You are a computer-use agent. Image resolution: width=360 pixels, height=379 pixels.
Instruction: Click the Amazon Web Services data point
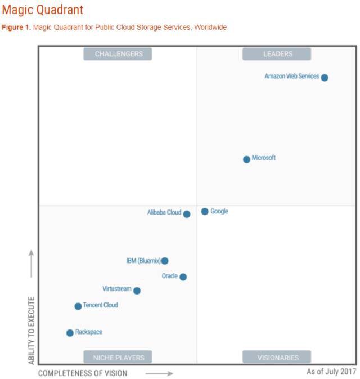[x=325, y=78]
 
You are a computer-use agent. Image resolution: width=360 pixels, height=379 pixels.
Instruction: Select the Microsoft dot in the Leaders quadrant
[x=246, y=159]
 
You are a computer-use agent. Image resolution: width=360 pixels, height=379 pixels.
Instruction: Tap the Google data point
[x=205, y=212]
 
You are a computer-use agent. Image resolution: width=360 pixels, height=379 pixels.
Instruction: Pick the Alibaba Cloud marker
[x=187, y=214]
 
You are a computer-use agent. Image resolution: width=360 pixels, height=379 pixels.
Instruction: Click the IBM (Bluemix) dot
[x=165, y=261]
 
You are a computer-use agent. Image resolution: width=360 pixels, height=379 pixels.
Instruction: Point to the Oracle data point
[x=183, y=277]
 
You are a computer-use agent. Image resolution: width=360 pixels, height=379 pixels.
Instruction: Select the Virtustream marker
[x=137, y=291]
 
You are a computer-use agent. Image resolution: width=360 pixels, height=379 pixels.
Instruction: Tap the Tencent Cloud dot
[x=78, y=306]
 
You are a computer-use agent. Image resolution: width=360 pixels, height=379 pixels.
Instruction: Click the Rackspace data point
[x=70, y=333]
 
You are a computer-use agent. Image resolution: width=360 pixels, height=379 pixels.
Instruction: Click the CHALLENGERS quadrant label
[x=118, y=54]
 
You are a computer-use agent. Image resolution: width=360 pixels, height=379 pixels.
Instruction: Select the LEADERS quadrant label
[x=277, y=54]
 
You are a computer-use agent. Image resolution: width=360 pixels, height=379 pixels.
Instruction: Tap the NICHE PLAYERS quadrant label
[x=118, y=358]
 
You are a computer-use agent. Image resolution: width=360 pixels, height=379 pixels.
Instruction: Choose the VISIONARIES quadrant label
[x=277, y=358]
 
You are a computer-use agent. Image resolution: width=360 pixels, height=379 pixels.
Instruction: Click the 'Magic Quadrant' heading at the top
[x=43, y=10]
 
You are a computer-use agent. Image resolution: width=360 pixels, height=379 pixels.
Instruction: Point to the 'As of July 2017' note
[x=331, y=372]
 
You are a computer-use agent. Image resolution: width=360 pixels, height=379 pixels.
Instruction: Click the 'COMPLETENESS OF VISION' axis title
[x=83, y=373]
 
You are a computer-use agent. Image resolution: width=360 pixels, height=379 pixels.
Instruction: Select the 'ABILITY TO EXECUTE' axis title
[x=31, y=330]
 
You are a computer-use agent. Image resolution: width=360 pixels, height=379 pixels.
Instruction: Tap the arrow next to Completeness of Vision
[x=162, y=373]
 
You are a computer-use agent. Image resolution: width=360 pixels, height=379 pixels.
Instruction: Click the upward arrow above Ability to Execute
[x=31, y=264]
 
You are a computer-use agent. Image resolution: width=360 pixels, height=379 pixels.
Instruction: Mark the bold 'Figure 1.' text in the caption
[x=16, y=28]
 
